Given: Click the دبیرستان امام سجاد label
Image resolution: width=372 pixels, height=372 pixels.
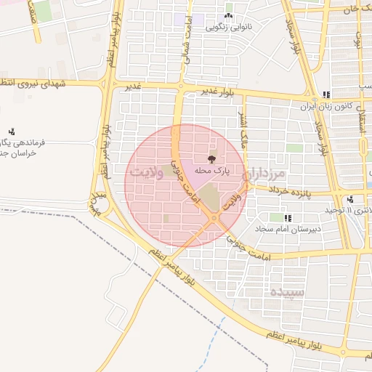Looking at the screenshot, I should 288,229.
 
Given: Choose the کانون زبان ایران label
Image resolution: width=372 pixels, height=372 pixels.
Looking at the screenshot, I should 327,106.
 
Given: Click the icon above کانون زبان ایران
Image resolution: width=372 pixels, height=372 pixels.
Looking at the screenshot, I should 326,94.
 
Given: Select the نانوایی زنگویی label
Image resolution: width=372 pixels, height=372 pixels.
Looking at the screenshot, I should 229,28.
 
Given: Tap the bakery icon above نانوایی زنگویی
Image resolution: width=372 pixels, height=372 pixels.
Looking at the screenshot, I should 229,16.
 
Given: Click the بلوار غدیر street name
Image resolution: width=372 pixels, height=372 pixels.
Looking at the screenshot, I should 217,92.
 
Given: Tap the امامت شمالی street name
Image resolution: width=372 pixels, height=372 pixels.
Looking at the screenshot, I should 186,40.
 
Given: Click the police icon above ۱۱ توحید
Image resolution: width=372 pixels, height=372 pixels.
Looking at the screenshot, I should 351,198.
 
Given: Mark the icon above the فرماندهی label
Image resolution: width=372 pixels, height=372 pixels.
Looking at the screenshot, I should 12,132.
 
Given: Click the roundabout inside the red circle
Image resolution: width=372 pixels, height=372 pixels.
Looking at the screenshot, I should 214,218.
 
